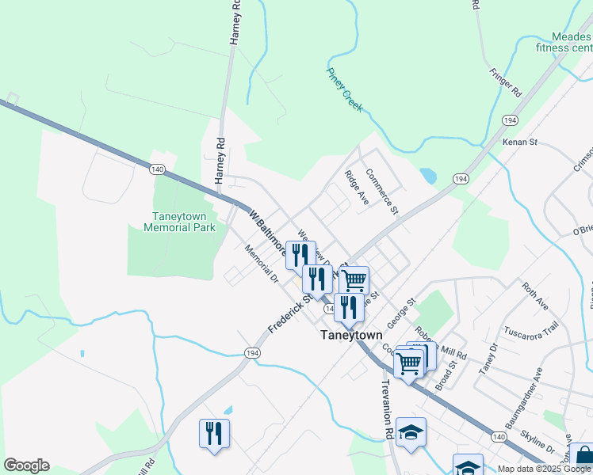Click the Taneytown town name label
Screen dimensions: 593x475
tap(351, 335)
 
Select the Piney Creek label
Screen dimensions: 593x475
tap(344, 89)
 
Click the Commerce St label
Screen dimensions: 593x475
tap(381, 192)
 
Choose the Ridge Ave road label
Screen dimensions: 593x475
tap(356, 188)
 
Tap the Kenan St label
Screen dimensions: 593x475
tap(520, 142)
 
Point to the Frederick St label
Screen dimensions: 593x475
tap(287, 314)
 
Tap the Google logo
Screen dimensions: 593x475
tap(26, 465)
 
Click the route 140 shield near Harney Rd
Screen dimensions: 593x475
tap(157, 169)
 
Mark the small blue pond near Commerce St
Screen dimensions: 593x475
tap(428, 176)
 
